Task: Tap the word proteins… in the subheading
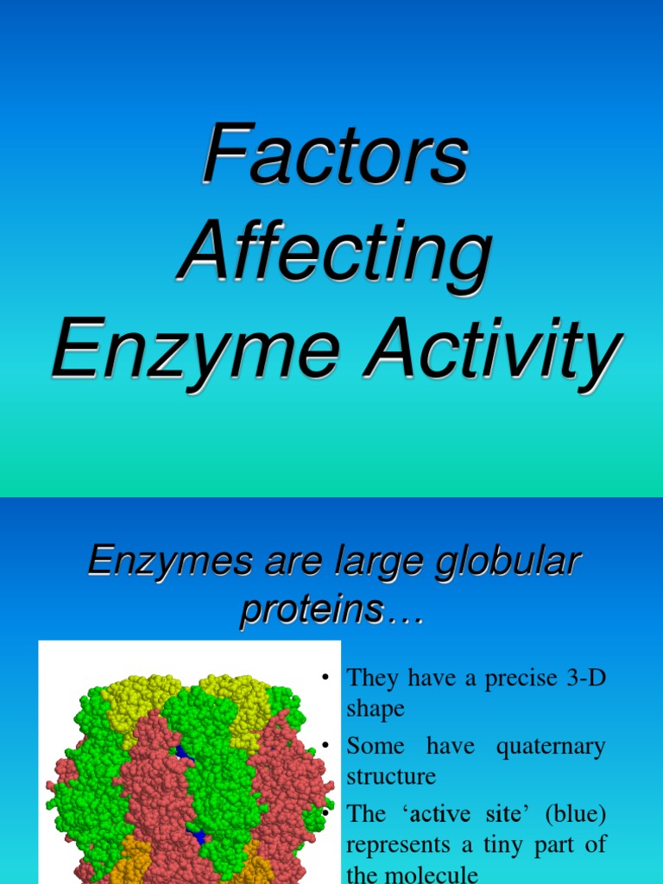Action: (x=332, y=609)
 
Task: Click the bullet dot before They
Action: (x=325, y=677)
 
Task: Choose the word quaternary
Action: (x=551, y=746)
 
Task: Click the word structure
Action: (x=391, y=776)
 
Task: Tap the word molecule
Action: (x=433, y=874)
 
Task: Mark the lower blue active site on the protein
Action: (x=197, y=836)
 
